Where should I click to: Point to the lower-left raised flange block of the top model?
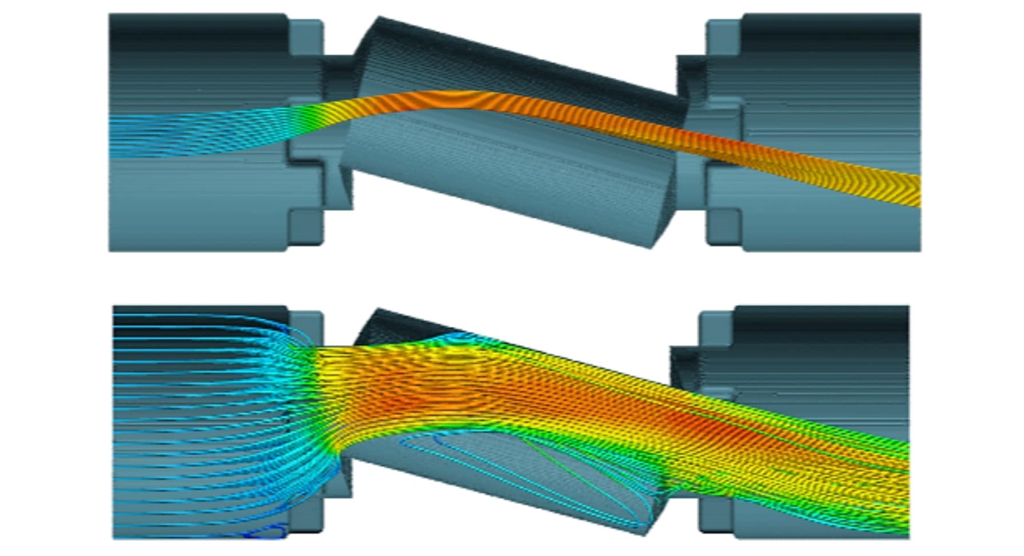306,225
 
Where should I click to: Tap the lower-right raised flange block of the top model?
724,225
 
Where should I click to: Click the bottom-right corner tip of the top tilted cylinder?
652,246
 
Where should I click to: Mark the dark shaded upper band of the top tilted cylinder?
515,57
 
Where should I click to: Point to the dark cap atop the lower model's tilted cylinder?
400,326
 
